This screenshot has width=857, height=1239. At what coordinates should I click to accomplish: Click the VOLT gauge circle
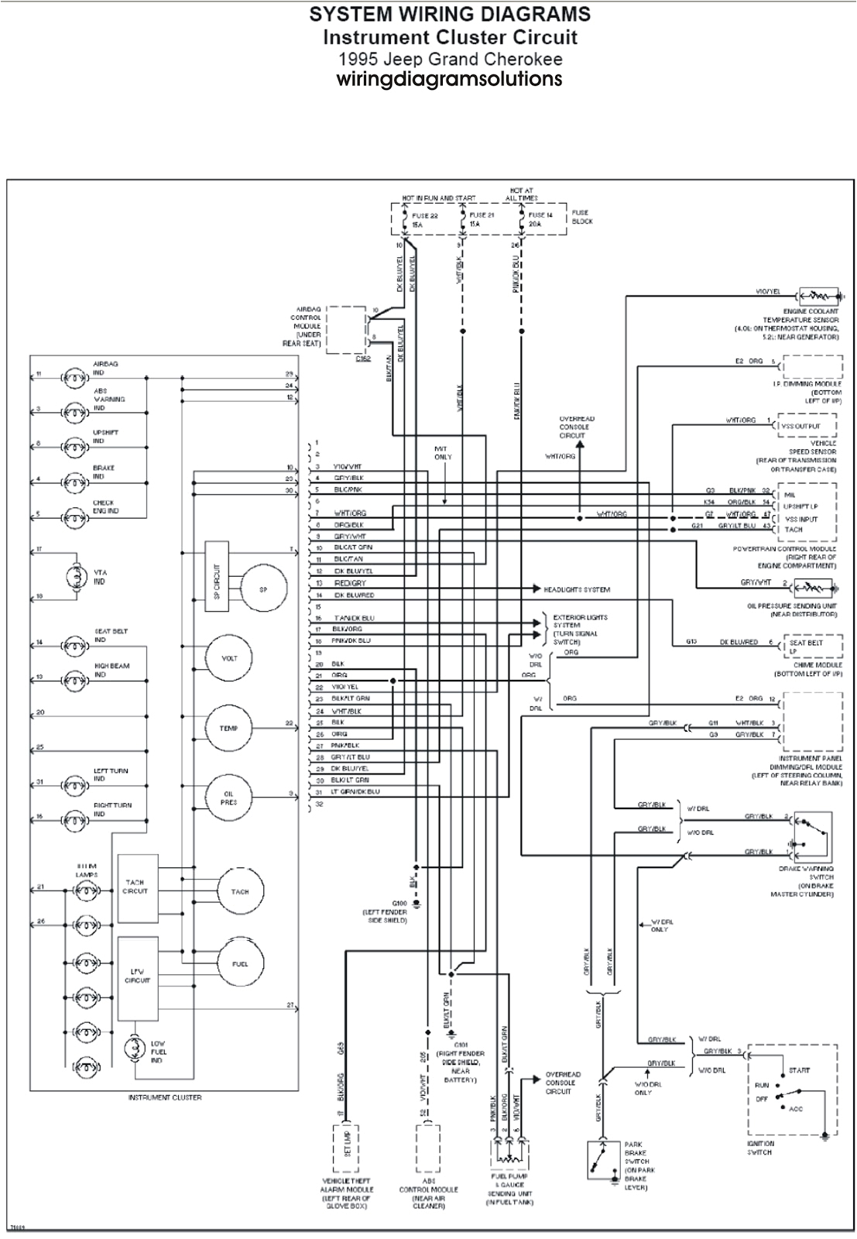(x=229, y=658)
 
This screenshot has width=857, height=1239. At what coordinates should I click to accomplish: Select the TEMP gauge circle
(x=228, y=728)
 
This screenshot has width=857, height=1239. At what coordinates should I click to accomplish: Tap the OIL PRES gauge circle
(x=228, y=798)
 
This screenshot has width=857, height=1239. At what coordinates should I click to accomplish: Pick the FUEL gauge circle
(x=240, y=963)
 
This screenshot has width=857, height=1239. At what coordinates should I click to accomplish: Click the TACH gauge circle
(x=240, y=891)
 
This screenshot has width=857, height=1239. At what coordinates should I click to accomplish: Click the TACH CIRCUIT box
(x=137, y=887)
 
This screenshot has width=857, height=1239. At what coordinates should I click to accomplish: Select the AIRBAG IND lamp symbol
(x=75, y=379)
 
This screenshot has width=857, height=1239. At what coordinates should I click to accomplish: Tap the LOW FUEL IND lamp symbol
(x=135, y=1052)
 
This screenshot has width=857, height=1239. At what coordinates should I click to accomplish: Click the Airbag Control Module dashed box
(x=345, y=330)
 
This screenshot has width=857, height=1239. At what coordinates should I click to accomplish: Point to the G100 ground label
(x=399, y=904)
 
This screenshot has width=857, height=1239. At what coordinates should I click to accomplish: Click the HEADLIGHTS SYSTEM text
(x=577, y=589)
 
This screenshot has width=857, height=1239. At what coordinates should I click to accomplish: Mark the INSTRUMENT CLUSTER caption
(x=165, y=1097)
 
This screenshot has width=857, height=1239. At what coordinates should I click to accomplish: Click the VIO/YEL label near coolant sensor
(x=768, y=292)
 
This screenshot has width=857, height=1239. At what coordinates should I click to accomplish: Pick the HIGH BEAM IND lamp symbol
(x=75, y=678)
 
